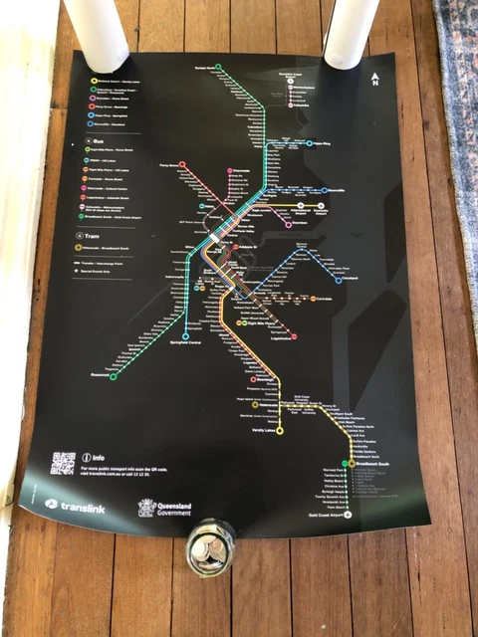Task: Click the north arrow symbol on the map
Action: point(374,79)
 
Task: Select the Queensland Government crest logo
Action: point(147,508)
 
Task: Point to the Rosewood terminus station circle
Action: point(114,376)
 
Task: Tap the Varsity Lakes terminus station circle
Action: point(280,431)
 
